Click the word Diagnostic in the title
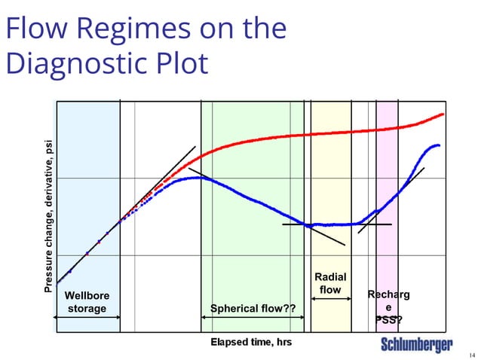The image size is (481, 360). (x=81, y=63)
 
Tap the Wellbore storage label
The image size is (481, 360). (x=87, y=302)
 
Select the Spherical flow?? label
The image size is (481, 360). (x=253, y=308)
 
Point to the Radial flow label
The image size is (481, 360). (x=330, y=284)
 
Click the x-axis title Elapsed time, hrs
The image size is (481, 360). (x=250, y=343)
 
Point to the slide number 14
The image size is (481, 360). (x=472, y=355)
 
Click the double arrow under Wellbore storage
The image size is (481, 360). (x=88, y=317)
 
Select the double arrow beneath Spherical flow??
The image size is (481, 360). (x=252, y=317)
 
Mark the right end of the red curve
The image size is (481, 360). (x=443, y=114)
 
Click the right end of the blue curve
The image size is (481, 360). (x=438, y=145)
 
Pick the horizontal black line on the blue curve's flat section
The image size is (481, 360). (x=336, y=224)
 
